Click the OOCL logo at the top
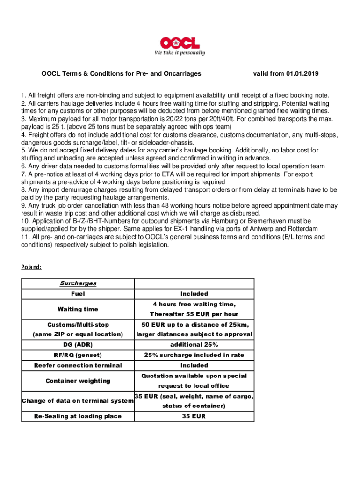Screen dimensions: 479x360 click(180, 43)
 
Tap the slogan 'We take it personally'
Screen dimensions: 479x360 click(180, 53)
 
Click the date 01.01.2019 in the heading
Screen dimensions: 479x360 click(302, 73)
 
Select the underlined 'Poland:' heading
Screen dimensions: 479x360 click(31, 267)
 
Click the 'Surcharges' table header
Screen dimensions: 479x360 click(78, 283)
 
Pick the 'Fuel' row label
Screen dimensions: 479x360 click(78, 294)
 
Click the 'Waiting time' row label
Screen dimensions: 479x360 click(78, 309)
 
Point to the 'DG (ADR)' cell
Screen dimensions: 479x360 click(78, 345)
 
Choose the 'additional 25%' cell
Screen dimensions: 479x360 click(194, 345)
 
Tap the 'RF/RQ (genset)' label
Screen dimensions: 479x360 click(78, 355)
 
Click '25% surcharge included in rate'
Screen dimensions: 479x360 click(194, 355)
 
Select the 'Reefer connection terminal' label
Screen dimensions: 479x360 click(78, 365)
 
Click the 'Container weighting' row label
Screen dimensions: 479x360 click(78, 381)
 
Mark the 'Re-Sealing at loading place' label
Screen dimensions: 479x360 click(78, 416)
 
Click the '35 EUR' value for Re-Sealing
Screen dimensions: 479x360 click(194, 416)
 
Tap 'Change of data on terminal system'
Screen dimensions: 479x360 click(78, 401)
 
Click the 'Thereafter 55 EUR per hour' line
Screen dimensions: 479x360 click(194, 314)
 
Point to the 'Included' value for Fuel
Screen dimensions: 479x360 click(194, 294)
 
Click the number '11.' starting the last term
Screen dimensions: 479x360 click(25, 237)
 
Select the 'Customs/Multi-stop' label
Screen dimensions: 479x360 click(78, 325)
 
